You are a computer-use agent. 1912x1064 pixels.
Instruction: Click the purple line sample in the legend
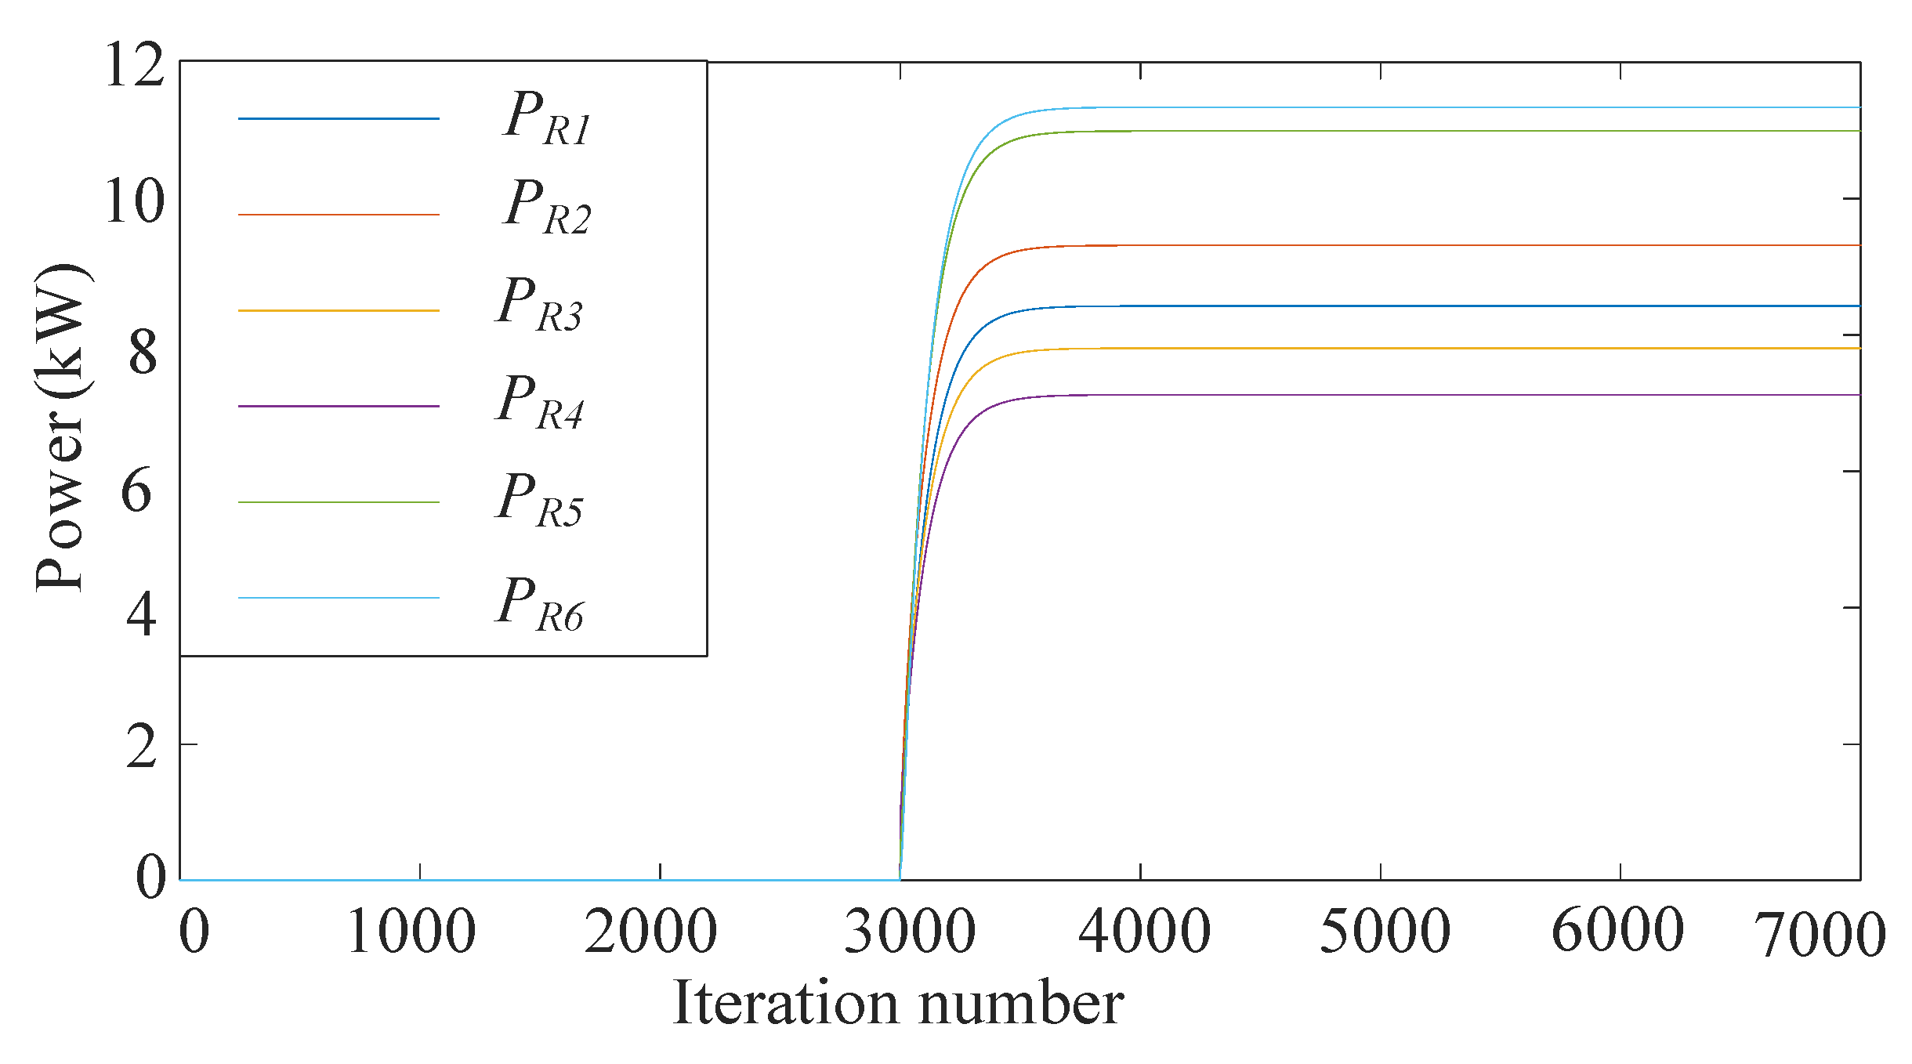click(339, 406)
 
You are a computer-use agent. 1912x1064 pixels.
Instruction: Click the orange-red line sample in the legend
click(339, 214)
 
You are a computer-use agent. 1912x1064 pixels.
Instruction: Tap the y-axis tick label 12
click(134, 65)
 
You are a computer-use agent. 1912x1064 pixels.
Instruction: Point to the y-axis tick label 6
click(136, 492)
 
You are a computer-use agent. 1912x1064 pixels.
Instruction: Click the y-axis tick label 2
click(141, 747)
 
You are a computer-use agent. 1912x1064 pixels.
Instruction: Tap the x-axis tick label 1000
click(411, 932)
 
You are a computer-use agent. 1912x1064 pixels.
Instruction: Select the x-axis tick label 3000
click(910, 932)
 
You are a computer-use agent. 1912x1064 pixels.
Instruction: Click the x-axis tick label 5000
click(1385, 932)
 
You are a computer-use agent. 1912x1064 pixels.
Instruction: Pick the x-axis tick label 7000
click(1820, 936)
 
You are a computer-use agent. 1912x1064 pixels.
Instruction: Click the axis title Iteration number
click(898, 1003)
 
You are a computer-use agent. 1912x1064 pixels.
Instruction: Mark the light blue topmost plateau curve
click(1410, 107)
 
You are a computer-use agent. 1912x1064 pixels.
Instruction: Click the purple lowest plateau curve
click(1410, 395)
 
